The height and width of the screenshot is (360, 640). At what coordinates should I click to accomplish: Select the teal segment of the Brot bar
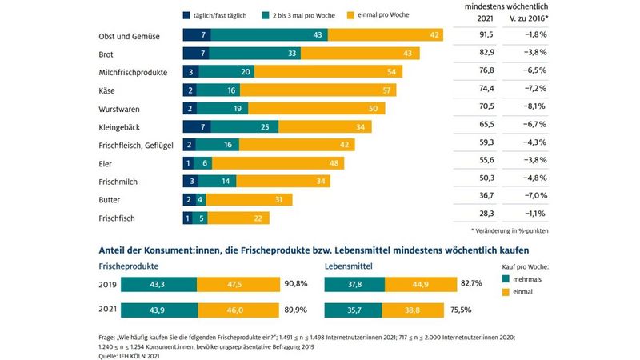pyautogui.click(x=271, y=54)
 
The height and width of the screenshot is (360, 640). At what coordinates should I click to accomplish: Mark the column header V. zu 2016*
pyautogui.click(x=530, y=20)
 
